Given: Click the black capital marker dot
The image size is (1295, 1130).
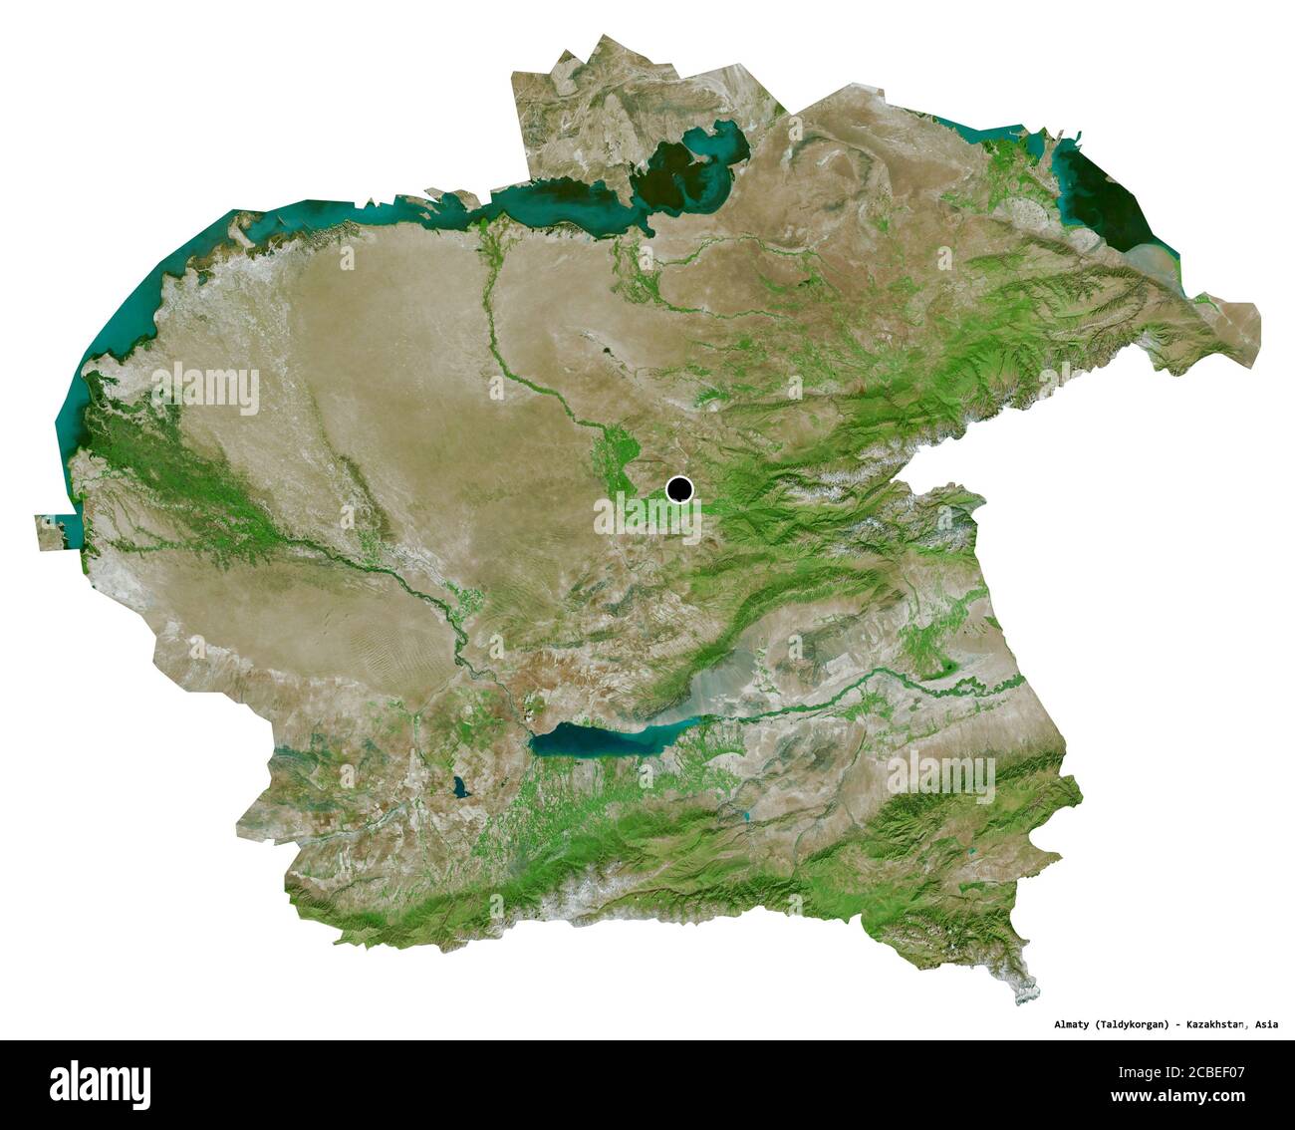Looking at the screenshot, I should click(680, 489).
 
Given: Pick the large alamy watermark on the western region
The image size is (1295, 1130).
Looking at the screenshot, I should click(204, 389).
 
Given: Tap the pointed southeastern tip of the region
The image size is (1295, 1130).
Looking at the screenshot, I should click(1032, 991).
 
